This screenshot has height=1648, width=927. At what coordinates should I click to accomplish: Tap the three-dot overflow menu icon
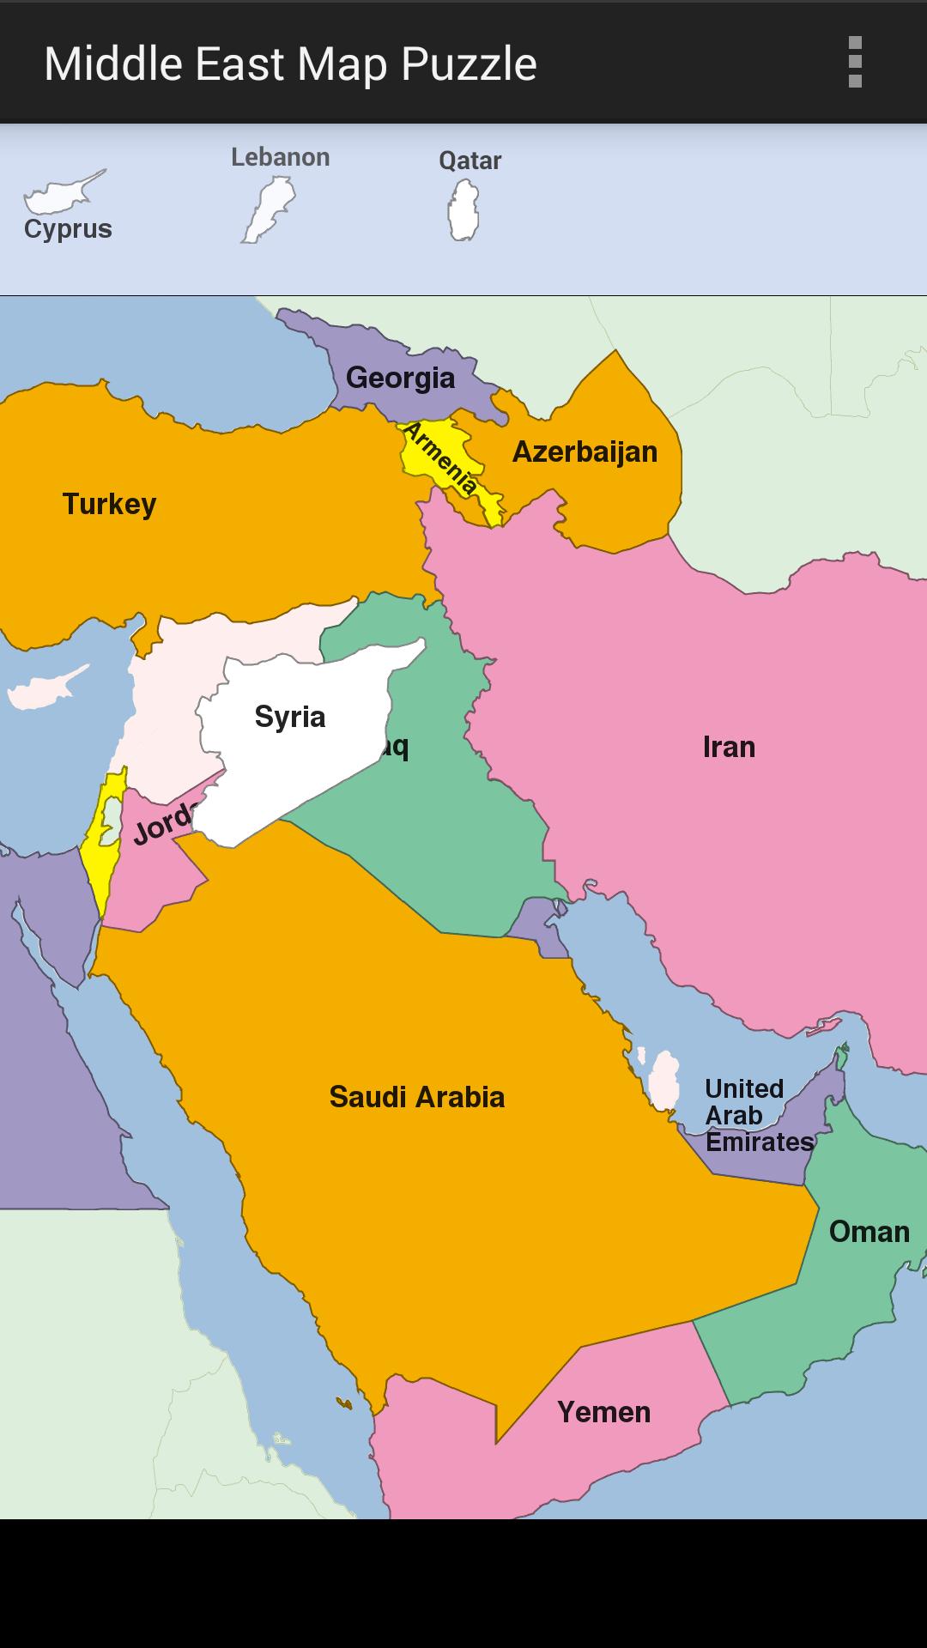tap(854, 62)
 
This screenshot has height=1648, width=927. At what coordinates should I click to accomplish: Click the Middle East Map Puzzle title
tap(290, 64)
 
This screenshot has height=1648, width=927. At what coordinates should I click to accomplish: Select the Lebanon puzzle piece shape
tap(270, 209)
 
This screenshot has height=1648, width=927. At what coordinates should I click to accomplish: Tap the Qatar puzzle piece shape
tap(463, 210)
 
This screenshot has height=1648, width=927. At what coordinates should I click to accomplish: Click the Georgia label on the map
tap(400, 378)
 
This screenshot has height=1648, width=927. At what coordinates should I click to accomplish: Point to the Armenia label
tap(439, 457)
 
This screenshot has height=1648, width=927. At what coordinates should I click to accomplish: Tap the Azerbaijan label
tap(585, 451)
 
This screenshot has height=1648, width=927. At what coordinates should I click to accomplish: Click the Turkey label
tap(109, 504)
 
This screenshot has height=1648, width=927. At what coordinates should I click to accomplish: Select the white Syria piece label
tap(290, 717)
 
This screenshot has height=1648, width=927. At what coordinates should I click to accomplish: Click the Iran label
tap(729, 747)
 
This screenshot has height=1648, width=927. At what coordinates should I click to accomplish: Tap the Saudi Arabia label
tap(416, 1097)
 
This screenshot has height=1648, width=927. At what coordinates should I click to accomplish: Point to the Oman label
tap(869, 1232)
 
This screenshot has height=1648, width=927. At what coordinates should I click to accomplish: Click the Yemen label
tap(603, 1412)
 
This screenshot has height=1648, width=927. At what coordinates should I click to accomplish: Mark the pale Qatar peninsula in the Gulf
tap(663, 1081)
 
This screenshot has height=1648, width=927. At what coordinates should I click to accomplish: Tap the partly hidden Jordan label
tap(163, 824)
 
